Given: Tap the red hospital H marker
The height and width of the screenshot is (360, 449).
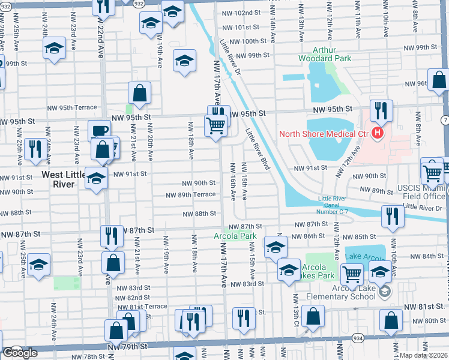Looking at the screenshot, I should [378, 133].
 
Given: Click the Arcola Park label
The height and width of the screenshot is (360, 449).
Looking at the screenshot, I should [240, 236].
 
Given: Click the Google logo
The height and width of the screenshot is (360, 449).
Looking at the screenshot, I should [19, 353].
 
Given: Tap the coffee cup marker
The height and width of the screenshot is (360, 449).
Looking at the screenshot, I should [99, 130].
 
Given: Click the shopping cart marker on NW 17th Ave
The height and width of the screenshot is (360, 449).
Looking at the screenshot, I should [216, 125].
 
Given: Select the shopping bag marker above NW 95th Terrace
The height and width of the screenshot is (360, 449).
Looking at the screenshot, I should [139, 92].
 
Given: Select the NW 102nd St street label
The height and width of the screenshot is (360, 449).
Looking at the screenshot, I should [240, 13].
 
